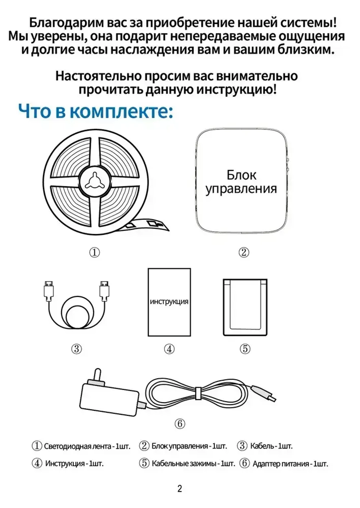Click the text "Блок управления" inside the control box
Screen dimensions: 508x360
pyautogui.click(x=241, y=182)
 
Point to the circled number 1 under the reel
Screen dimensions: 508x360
pyautogui.click(x=94, y=253)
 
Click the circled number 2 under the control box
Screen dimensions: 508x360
pyautogui.click(x=244, y=253)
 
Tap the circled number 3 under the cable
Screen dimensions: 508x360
pyautogui.click(x=76, y=349)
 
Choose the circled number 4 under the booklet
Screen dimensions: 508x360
pyautogui.click(x=169, y=349)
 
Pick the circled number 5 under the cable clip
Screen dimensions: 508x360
pyautogui.click(x=245, y=349)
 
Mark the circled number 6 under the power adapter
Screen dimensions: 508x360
pyautogui.click(x=180, y=424)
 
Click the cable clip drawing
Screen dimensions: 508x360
pyautogui.click(x=245, y=307)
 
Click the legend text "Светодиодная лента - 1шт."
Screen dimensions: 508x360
pyautogui.click(x=87, y=446)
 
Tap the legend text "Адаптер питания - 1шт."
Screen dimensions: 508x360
pyautogui.click(x=290, y=464)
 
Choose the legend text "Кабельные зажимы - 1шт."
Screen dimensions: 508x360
pyautogui.click(x=193, y=464)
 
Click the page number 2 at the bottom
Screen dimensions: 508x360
pyautogui.click(x=180, y=489)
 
